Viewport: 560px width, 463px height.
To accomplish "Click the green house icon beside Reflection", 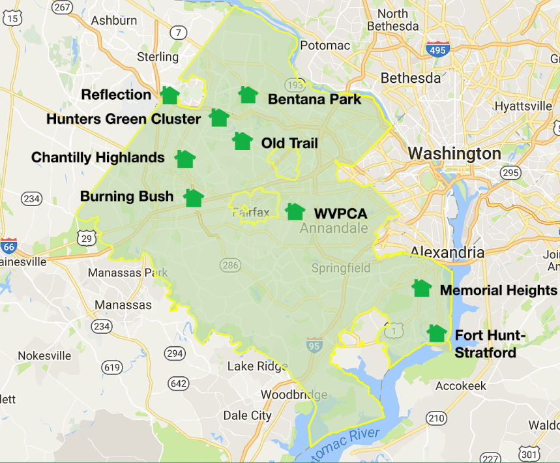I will click(169, 95).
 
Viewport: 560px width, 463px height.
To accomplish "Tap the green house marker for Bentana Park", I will click(248, 95).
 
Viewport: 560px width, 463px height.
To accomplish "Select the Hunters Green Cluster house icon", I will click(219, 118).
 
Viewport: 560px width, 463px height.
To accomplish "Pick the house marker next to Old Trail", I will click(243, 141).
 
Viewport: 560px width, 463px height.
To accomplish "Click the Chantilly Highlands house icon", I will click(185, 158).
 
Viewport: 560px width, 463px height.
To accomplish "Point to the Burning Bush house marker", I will click(193, 198).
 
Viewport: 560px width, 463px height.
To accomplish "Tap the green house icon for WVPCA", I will click(295, 211).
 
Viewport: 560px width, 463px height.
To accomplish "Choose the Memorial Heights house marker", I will click(422, 288).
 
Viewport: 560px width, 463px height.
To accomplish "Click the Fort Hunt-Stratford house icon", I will click(436, 333).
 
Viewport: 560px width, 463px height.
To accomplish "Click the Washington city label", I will click(454, 154).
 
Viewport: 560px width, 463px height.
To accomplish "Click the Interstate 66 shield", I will click(8, 246).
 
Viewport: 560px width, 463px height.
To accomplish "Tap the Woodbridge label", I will click(294, 395).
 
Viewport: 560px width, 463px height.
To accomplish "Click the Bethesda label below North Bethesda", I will click(411, 78).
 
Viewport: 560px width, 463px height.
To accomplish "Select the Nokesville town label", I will click(44, 355).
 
